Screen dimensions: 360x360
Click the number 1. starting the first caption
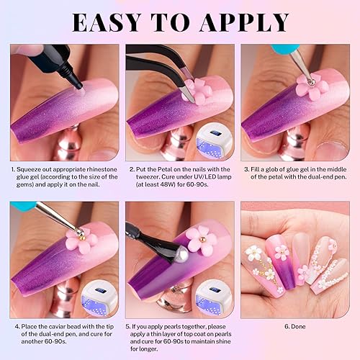tap(14, 170)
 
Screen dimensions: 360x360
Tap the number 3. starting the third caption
tap(246, 170)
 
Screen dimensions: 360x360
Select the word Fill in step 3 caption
tap(259, 170)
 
